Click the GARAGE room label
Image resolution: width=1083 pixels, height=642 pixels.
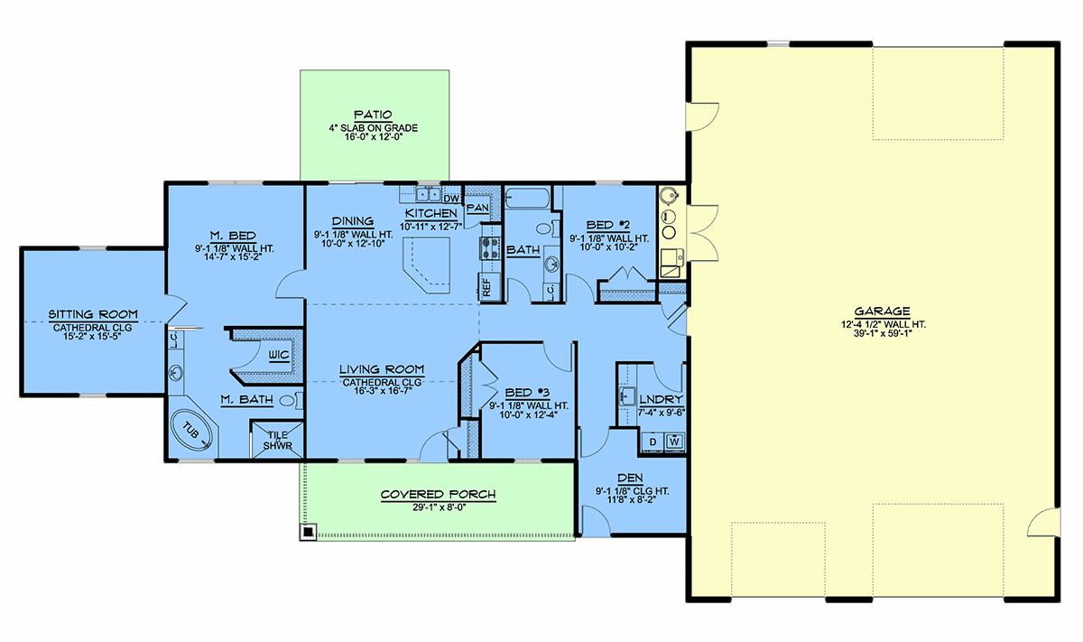click(x=882, y=312)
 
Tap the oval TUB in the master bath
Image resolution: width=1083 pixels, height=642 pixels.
click(x=192, y=430)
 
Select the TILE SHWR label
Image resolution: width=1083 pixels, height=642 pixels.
click(x=278, y=441)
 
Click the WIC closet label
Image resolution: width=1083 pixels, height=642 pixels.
click(x=279, y=355)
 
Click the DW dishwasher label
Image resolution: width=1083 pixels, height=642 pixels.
click(x=451, y=199)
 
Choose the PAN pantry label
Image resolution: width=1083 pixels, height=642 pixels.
click(x=477, y=208)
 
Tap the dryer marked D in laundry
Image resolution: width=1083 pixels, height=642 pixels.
click(x=653, y=442)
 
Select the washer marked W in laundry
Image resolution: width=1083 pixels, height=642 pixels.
click(x=675, y=442)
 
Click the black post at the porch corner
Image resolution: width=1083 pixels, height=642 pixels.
click(x=308, y=532)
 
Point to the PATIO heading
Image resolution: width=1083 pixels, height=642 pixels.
click(x=373, y=116)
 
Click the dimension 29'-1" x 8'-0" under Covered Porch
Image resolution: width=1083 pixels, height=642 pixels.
click(x=439, y=507)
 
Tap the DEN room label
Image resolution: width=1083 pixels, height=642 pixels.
click(x=631, y=478)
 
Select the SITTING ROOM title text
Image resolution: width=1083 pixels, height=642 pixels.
click(x=93, y=314)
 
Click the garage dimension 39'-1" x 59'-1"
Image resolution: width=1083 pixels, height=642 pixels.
click(x=883, y=333)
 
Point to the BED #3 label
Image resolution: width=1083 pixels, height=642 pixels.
click(x=527, y=393)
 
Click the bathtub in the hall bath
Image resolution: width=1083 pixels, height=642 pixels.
click(x=527, y=199)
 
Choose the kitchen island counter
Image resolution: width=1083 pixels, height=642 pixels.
click(x=427, y=265)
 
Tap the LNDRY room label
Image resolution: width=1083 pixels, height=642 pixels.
click(x=661, y=400)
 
